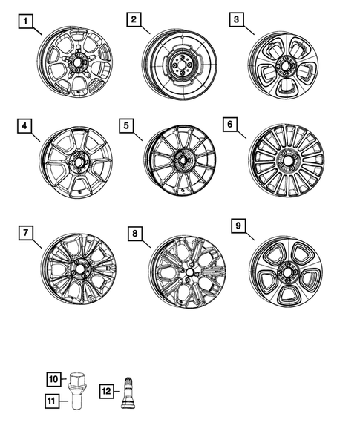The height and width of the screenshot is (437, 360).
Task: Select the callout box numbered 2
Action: [x=134, y=20]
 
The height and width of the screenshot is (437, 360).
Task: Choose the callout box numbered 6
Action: [x=232, y=124]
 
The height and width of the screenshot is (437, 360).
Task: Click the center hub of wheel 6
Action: [x=286, y=160]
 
